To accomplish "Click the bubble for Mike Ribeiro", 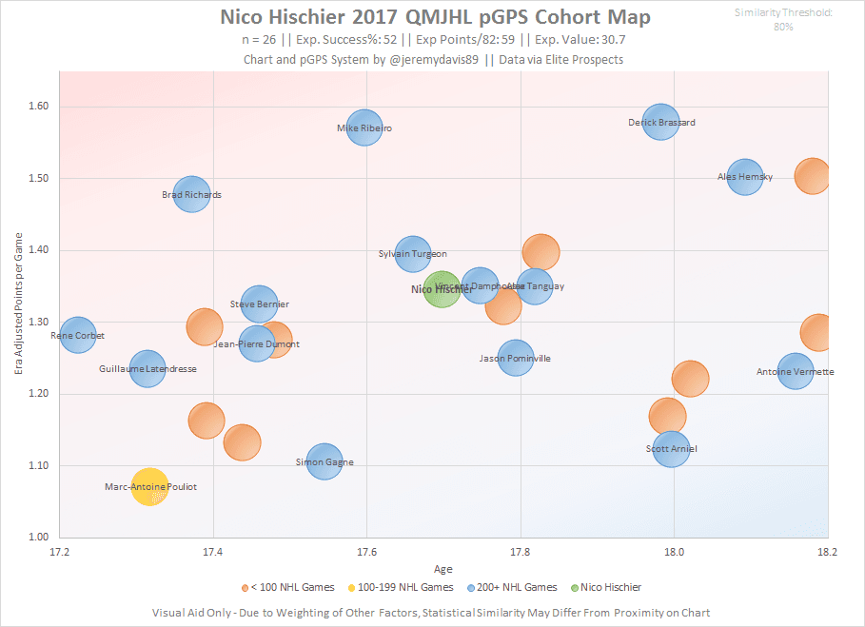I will (364, 127).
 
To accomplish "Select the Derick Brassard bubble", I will (661, 122).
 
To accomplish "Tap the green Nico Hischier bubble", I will (442, 288).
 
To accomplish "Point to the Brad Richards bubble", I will (191, 194).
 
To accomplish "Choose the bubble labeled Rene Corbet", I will (78, 335).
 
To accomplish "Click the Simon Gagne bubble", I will (324, 461).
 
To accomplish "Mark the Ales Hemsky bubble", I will (745, 176).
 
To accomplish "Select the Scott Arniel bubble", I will (671, 448).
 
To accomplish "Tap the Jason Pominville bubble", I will (515, 359).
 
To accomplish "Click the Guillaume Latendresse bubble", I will (147, 368).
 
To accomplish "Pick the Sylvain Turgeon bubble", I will (412, 253).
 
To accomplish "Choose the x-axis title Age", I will (443, 568).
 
